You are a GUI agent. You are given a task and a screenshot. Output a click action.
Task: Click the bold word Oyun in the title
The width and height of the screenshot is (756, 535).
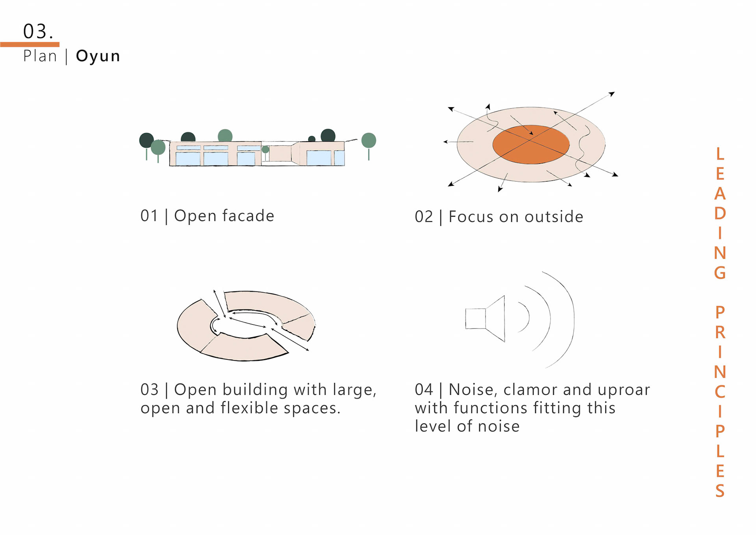(98, 56)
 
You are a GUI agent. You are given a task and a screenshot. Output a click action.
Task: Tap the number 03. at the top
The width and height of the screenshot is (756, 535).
(38, 32)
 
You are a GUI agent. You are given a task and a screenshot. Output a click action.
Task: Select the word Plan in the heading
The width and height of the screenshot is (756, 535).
(40, 56)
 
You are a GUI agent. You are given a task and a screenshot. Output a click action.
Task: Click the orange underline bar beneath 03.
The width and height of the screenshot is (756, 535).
(30, 45)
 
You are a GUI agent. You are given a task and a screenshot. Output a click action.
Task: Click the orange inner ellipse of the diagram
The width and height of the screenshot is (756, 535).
(531, 145)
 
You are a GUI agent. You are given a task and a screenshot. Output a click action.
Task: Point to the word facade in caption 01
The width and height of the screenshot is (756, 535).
(248, 216)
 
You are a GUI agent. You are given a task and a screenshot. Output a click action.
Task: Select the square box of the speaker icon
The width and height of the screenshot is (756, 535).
(475, 319)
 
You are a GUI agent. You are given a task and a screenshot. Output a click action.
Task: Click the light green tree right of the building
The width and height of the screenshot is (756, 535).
(369, 141)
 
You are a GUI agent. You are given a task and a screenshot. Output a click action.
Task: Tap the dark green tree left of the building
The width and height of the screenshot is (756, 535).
(146, 140)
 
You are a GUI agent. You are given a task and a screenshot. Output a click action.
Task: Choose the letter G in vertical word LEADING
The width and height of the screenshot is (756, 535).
(720, 273)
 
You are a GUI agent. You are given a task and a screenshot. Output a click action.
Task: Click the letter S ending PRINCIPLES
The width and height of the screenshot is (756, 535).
(720, 491)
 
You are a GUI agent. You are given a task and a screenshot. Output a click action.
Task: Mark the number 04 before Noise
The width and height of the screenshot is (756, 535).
(424, 390)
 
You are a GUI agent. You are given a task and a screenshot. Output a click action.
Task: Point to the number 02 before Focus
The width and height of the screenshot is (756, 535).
(424, 217)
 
